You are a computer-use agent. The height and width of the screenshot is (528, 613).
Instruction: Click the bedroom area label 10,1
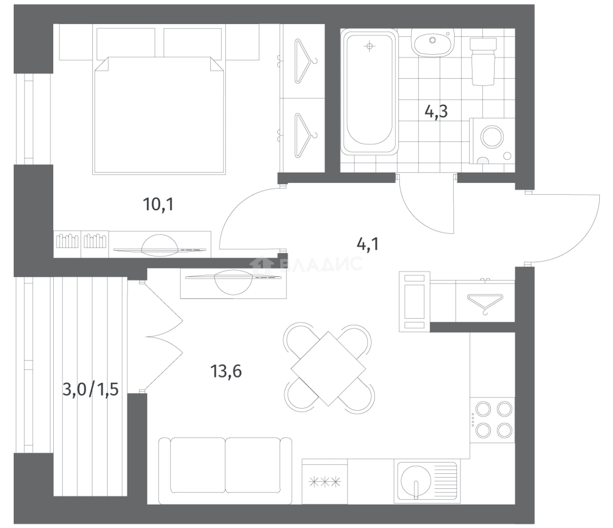158,205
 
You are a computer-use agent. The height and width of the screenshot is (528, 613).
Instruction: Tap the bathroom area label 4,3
436,112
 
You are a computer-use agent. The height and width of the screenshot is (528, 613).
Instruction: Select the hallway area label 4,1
368,245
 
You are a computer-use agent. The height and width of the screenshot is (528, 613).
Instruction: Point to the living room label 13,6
226,371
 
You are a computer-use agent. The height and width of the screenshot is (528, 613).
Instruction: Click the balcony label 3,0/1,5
90,389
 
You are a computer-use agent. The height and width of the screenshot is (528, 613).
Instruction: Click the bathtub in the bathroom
369,91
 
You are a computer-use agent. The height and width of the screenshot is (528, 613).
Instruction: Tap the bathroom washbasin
433,43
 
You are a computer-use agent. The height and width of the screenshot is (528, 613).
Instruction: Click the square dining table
328,369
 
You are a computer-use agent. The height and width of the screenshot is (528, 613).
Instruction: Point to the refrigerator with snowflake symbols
325,481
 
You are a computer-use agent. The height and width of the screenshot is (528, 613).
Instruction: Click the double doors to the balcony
164,337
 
